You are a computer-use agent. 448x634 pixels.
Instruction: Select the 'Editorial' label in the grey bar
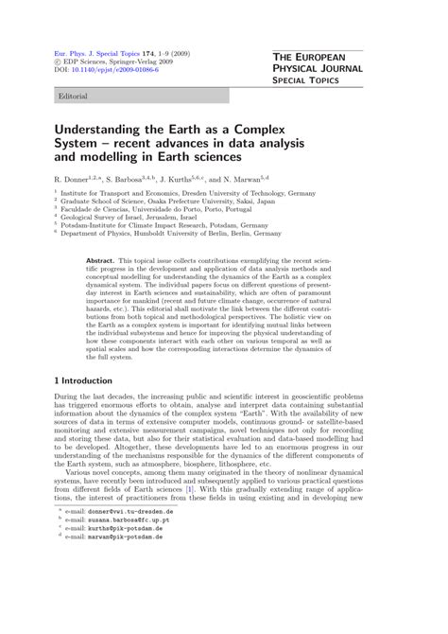(75, 97)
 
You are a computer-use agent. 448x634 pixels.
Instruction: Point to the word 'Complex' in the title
(263, 129)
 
